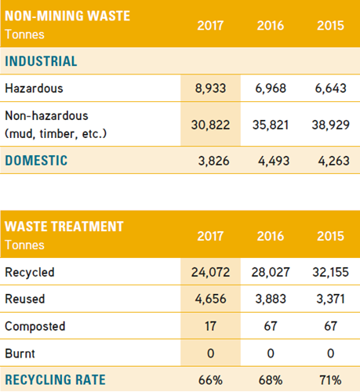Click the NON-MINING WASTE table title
(67, 16)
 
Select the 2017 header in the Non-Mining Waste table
(210, 26)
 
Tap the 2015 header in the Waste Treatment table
(330, 236)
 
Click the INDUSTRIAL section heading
(41, 61)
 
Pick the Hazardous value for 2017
(210, 89)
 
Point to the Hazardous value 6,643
(331, 89)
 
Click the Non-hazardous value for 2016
(271, 125)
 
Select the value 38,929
(331, 125)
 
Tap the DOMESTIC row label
(36, 161)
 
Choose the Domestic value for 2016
(274, 161)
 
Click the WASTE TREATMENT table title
(64, 227)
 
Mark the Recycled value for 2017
(210, 272)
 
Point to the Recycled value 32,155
(331, 272)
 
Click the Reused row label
(25, 299)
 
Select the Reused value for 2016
(271, 299)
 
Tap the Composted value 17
(210, 326)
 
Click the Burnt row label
(20, 354)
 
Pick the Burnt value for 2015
(331, 354)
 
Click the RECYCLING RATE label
(55, 380)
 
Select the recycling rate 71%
(331, 380)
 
